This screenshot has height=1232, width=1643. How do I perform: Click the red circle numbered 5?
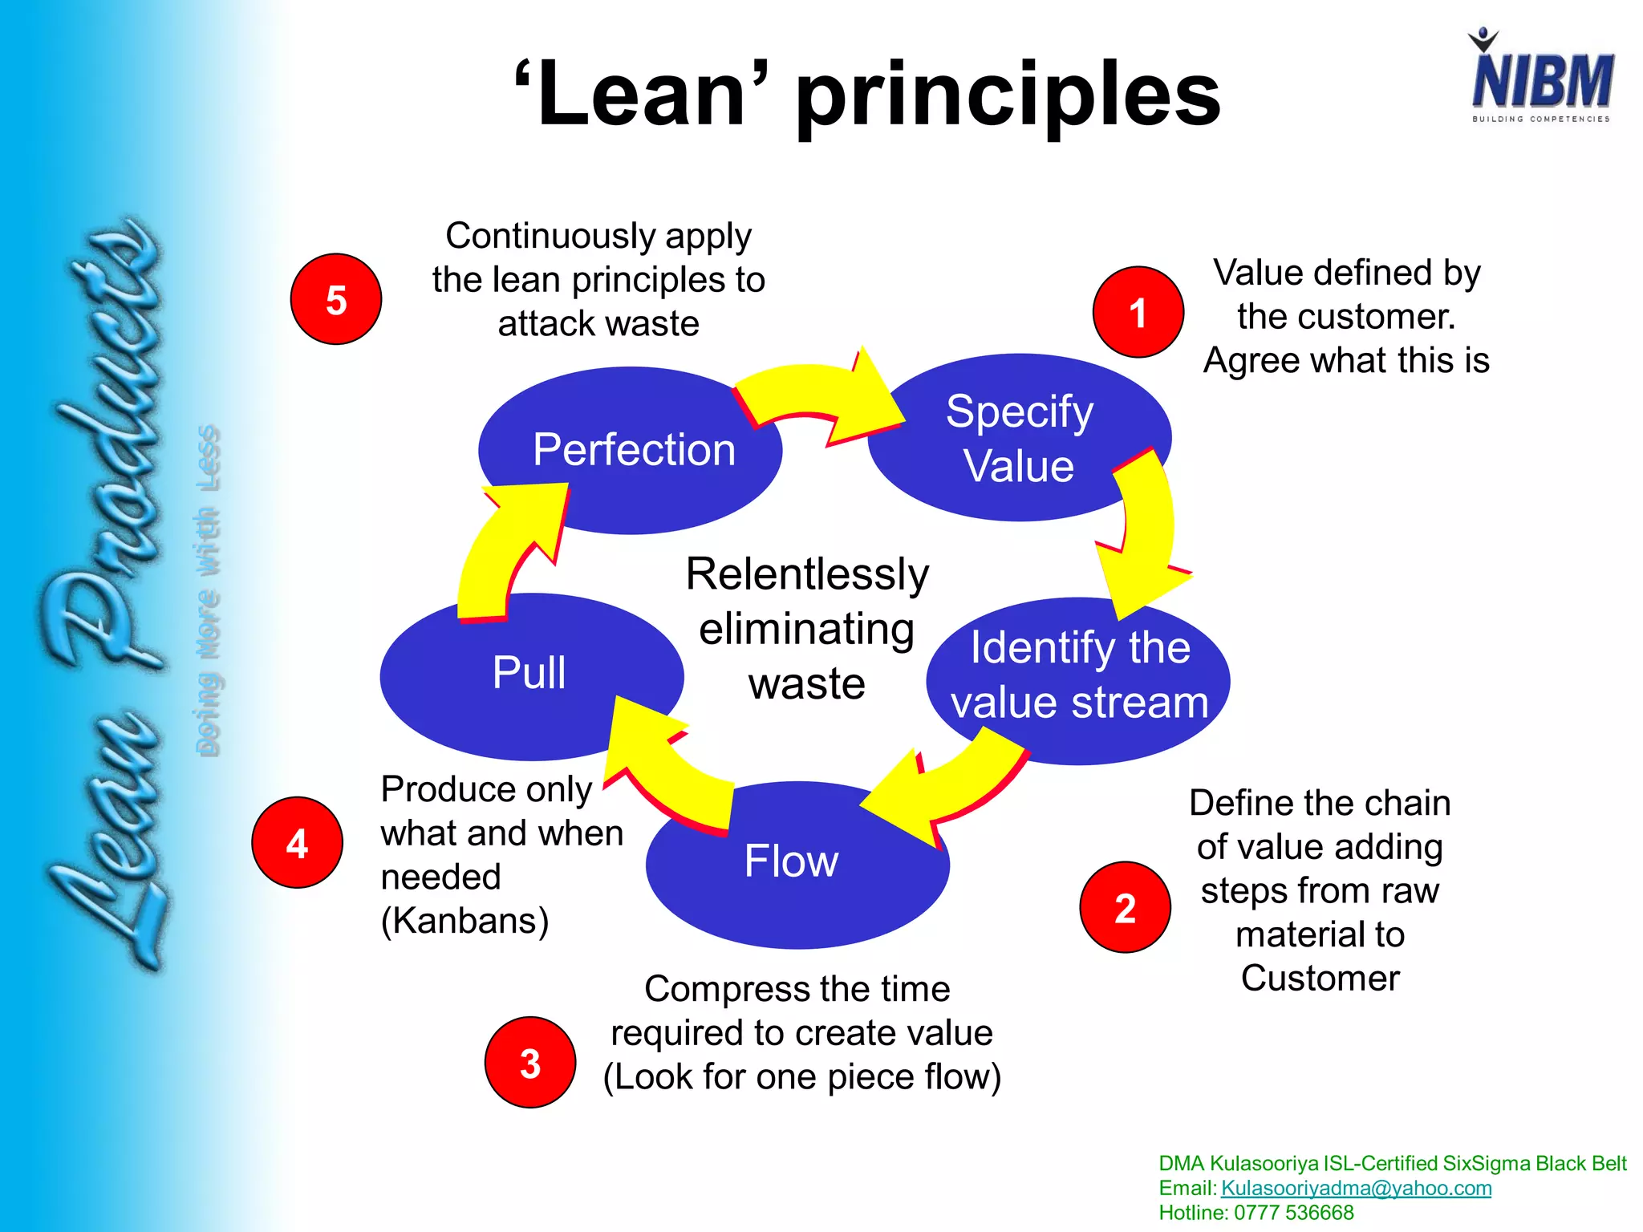(335, 299)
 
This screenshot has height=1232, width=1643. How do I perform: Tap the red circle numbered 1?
(1138, 312)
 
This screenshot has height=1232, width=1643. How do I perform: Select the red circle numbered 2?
(1125, 907)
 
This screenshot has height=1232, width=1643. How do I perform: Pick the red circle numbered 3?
(529, 1063)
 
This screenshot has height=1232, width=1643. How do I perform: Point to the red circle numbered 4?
(297, 842)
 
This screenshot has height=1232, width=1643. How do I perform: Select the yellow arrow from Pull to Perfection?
(505, 553)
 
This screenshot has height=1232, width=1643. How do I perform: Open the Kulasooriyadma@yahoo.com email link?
(1356, 1188)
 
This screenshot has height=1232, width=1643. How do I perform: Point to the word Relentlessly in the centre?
(807, 574)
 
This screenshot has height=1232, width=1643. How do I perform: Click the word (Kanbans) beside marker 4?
(465, 921)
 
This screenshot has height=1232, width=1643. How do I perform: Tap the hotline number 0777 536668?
(1293, 1213)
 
